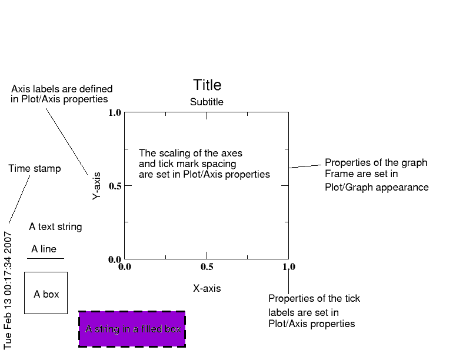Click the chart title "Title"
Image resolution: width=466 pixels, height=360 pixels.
click(x=207, y=85)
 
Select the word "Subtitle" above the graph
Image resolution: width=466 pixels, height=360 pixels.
click(x=207, y=102)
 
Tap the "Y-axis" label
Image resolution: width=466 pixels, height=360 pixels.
click(x=97, y=186)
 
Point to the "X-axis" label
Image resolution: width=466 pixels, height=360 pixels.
click(x=207, y=289)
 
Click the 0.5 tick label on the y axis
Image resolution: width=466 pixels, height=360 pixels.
click(x=115, y=186)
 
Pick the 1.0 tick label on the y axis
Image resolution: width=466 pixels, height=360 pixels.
click(x=115, y=112)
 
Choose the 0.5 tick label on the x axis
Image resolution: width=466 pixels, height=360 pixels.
click(x=207, y=266)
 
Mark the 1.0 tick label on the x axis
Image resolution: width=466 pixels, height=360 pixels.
click(x=288, y=266)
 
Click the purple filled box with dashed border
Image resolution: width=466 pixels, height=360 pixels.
click(x=132, y=329)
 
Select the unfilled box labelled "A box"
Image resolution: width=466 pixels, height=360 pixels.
click(x=46, y=293)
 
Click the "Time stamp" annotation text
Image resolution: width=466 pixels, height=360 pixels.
click(x=35, y=169)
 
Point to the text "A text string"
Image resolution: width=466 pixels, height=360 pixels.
click(x=55, y=227)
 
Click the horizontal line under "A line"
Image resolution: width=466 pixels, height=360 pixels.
click(x=46, y=258)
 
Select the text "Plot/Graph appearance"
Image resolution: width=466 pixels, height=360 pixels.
click(x=377, y=188)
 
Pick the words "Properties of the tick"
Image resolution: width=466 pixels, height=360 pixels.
click(x=314, y=299)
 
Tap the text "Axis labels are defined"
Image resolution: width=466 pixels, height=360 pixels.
click(x=62, y=89)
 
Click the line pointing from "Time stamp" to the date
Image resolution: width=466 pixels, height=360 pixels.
click(x=19, y=199)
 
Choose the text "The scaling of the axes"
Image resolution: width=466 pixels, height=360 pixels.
click(x=191, y=154)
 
